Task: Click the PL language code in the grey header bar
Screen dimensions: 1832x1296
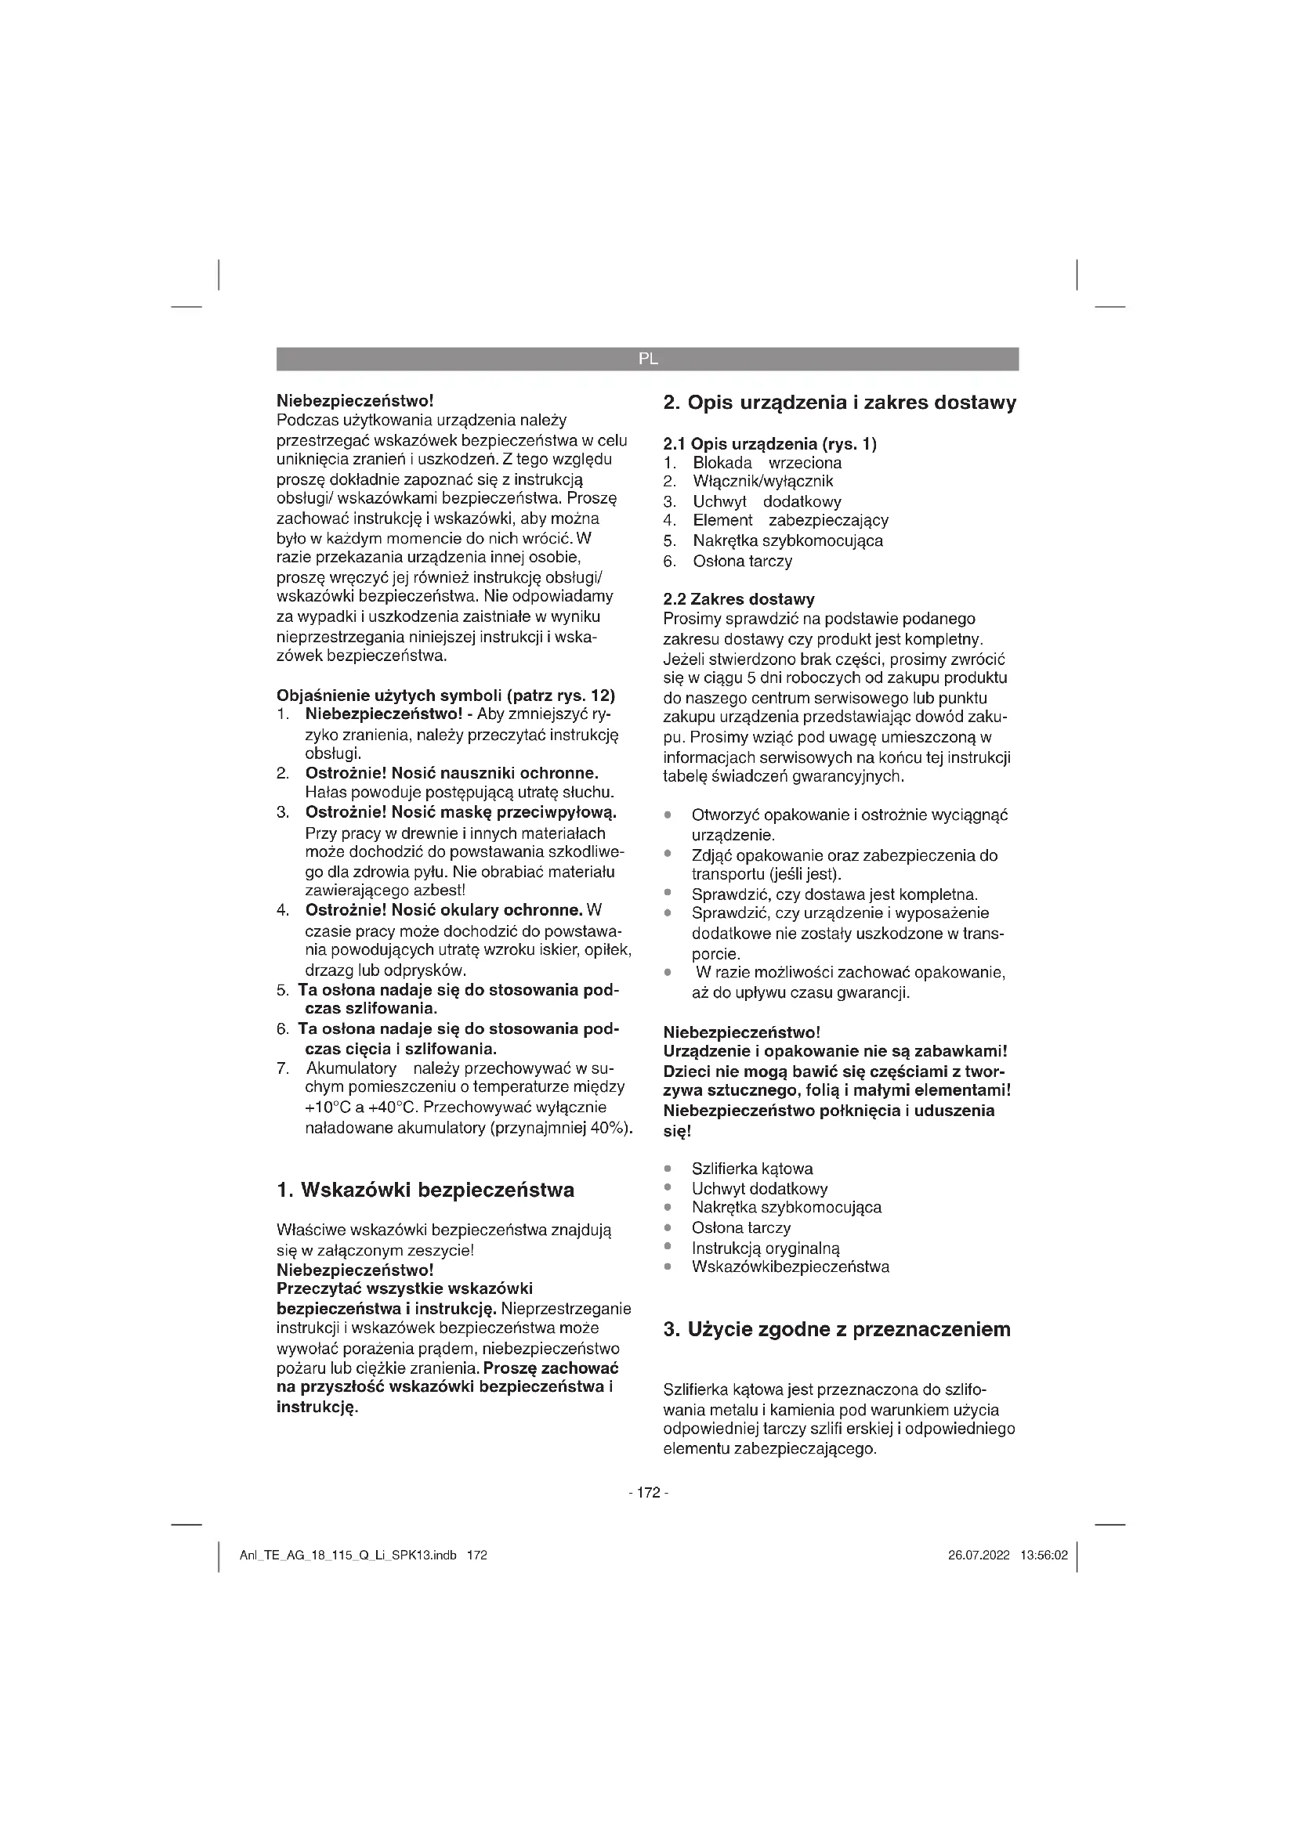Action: tap(648, 359)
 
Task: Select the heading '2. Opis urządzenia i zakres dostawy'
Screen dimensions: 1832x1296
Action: tap(839, 403)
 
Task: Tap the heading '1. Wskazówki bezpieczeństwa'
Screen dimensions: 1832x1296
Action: tap(425, 1190)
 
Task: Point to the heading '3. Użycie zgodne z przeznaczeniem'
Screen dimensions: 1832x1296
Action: tap(837, 1329)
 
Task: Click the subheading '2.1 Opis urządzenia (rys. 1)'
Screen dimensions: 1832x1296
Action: tap(770, 444)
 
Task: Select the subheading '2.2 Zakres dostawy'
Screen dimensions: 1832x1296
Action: tap(739, 599)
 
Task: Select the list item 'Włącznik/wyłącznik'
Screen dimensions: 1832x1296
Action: tap(763, 481)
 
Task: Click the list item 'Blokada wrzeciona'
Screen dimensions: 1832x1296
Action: tap(767, 463)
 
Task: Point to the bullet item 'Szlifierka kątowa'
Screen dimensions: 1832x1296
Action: tap(751, 1169)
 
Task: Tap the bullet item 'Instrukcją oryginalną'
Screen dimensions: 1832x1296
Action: tap(766, 1247)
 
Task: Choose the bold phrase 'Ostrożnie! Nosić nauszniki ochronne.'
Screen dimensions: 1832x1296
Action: tap(451, 773)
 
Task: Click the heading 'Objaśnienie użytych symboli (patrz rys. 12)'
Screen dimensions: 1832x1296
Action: tap(445, 695)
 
